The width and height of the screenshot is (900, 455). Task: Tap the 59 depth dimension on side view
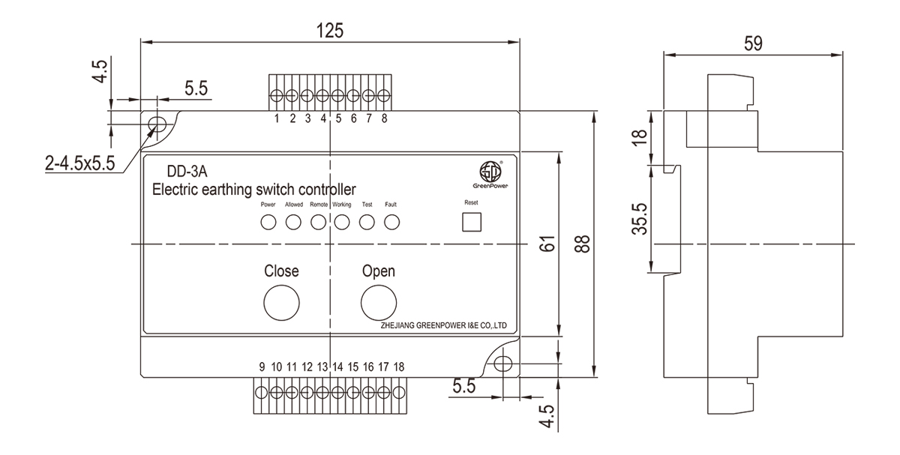[x=753, y=43]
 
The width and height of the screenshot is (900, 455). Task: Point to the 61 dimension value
[x=547, y=244]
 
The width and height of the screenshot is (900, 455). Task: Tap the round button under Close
[x=281, y=302]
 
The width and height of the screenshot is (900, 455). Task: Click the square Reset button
[x=471, y=223]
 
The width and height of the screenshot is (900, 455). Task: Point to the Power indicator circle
[x=268, y=222]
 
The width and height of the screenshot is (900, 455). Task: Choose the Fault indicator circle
[x=391, y=222]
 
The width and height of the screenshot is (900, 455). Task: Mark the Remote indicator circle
[x=318, y=222]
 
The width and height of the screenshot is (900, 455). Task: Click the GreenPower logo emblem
[x=490, y=170]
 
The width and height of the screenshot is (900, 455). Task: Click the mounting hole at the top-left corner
[x=157, y=123]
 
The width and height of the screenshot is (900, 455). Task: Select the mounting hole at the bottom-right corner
[x=505, y=364]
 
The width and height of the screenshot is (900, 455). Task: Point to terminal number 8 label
[x=384, y=118]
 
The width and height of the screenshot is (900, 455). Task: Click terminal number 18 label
[x=398, y=367]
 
